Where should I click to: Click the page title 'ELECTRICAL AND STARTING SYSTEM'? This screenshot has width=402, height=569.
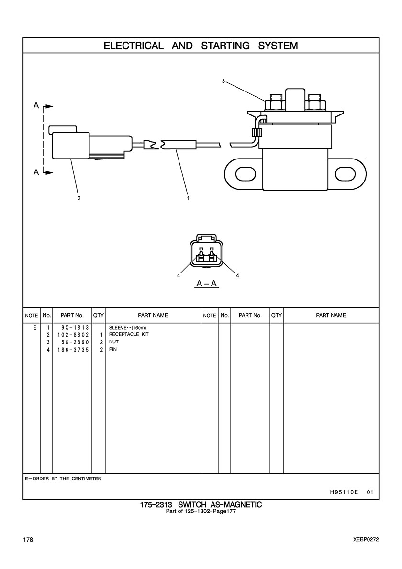coord(201,46)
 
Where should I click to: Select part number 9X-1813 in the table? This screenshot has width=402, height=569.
coord(72,327)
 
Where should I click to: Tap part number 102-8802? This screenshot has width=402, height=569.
coord(72,334)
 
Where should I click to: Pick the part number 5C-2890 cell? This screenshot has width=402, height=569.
coord(72,342)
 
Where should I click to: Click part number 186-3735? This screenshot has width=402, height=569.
coord(72,350)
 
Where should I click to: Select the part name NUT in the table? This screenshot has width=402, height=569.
coord(114,342)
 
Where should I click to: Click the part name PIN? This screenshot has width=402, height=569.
coord(113,350)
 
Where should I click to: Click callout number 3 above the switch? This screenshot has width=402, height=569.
coord(223,81)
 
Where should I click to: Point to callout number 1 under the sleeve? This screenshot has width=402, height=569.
coord(188,198)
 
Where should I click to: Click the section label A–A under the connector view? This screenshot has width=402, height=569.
coord(207,284)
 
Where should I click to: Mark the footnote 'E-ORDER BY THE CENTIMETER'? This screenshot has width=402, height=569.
coord(62,478)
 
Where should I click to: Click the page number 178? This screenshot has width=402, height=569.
coord(28,540)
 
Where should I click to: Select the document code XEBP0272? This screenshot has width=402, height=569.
coord(363,540)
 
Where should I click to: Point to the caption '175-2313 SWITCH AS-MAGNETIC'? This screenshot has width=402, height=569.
coord(201,505)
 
